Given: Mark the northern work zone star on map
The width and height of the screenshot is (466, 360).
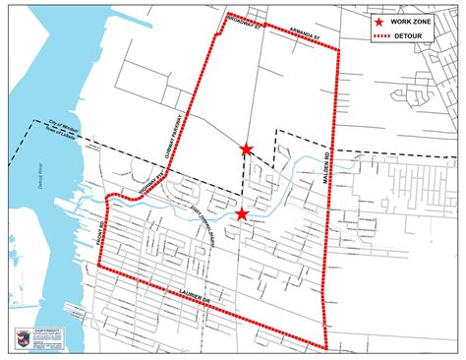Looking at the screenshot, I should pos(246,150).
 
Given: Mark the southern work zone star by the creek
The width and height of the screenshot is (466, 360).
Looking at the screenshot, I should pos(242,213).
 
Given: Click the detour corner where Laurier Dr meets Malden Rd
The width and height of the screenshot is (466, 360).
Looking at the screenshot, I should pos(327,346).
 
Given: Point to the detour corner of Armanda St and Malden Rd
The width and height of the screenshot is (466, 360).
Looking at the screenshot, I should pos(339,50).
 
